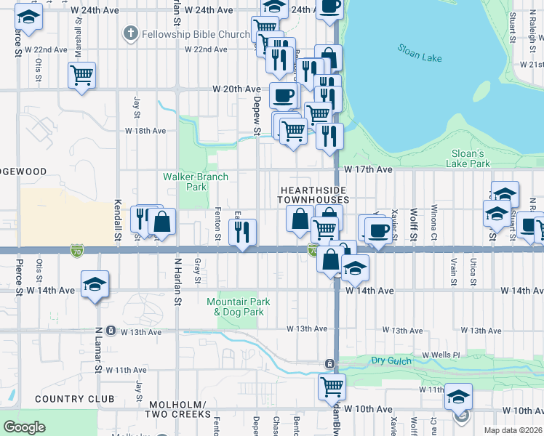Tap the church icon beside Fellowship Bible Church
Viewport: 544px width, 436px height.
[130, 33]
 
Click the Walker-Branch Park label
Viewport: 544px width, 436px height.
[196, 182]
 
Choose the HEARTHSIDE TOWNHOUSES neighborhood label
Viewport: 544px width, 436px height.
[315, 194]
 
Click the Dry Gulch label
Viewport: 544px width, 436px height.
[392, 360]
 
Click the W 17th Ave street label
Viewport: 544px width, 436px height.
[369, 169]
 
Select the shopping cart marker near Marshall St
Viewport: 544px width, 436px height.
[82, 73]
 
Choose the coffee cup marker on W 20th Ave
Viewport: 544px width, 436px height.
[284, 94]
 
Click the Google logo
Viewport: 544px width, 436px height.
[25, 427]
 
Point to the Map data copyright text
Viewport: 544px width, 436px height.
[513, 430]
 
